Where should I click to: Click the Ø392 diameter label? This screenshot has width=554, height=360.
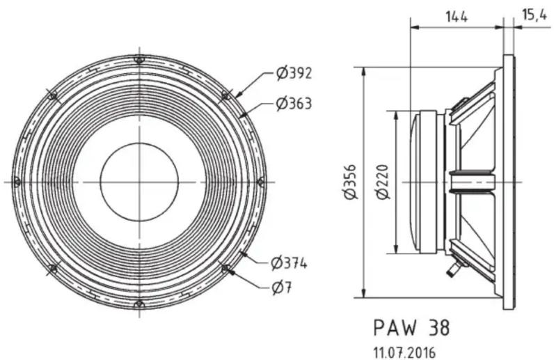[x=294, y=74]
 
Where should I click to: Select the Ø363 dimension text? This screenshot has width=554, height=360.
[x=294, y=104]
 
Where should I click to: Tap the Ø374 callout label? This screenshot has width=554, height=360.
[x=289, y=263]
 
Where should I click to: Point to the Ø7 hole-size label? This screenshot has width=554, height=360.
[x=282, y=288]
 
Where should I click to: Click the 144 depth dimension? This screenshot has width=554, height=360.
[x=456, y=16]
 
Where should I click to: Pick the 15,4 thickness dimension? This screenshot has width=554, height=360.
[x=535, y=15]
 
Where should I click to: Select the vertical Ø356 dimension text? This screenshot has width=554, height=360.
[x=351, y=182]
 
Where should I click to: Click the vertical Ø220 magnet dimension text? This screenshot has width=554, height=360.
[x=383, y=182]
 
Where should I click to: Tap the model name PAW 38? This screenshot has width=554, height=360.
[x=411, y=327]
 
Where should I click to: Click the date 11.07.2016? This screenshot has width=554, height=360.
[x=404, y=352]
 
